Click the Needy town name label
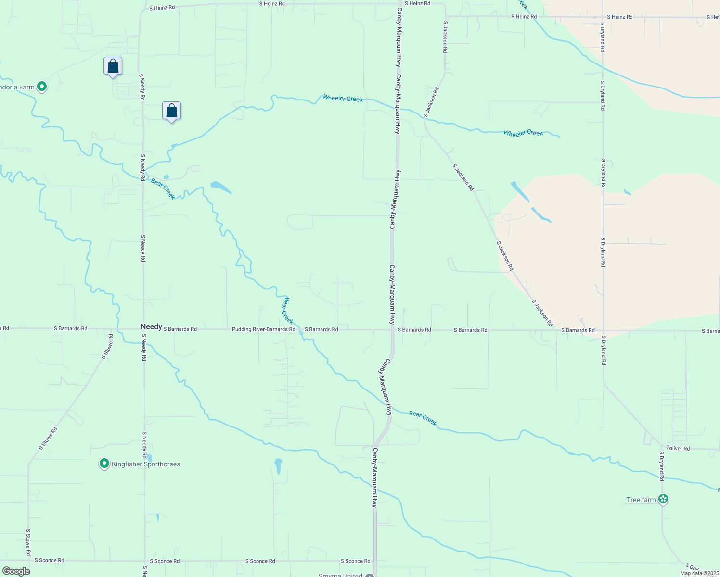151,326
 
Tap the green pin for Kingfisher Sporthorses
104,464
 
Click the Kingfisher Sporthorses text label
146,464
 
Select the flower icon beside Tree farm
663,499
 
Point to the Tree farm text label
641,500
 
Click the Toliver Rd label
678,448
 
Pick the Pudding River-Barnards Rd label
263,329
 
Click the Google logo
16,571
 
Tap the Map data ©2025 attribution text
699,573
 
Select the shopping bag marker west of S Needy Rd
113,66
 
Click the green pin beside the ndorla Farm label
42,87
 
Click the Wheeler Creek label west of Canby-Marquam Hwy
343,98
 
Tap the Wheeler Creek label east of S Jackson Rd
523,133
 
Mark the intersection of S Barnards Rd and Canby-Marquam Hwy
392,330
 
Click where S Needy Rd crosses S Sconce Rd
144,561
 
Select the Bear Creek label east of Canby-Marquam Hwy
423,418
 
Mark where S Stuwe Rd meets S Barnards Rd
111,329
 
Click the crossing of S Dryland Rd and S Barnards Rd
603,330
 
